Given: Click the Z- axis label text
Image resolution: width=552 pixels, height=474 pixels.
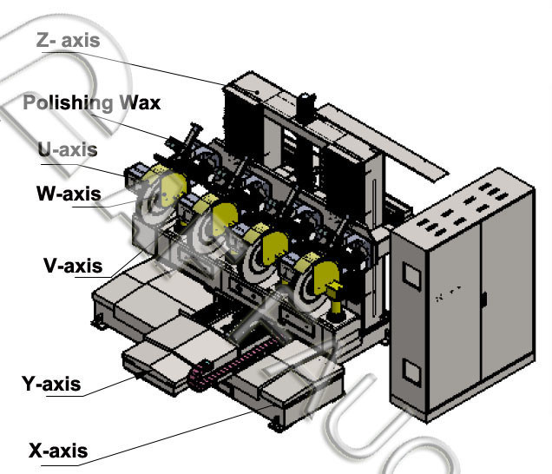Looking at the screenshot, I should [68, 39].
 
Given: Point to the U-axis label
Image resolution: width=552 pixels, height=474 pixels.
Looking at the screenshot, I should [67, 149].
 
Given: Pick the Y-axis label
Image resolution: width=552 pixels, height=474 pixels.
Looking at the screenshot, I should [51, 383].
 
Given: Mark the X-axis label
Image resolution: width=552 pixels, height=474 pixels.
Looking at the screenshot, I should [58, 451].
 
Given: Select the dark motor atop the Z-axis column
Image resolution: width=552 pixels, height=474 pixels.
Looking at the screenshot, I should [306, 107].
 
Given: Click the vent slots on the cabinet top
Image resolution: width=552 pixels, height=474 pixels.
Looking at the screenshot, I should [468, 208].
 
